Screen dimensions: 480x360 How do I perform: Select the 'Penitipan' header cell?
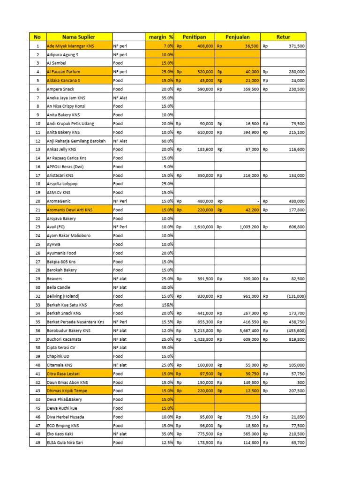pyautogui.click(x=195, y=37)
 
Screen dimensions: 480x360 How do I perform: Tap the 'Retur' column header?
pyautogui.click(x=283, y=37)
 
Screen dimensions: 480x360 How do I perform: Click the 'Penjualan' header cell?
pyautogui.click(x=238, y=37)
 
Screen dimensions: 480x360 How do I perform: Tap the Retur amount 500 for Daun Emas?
pyautogui.click(x=300, y=382)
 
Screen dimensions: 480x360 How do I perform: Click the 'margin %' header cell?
pyautogui.click(x=161, y=37)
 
